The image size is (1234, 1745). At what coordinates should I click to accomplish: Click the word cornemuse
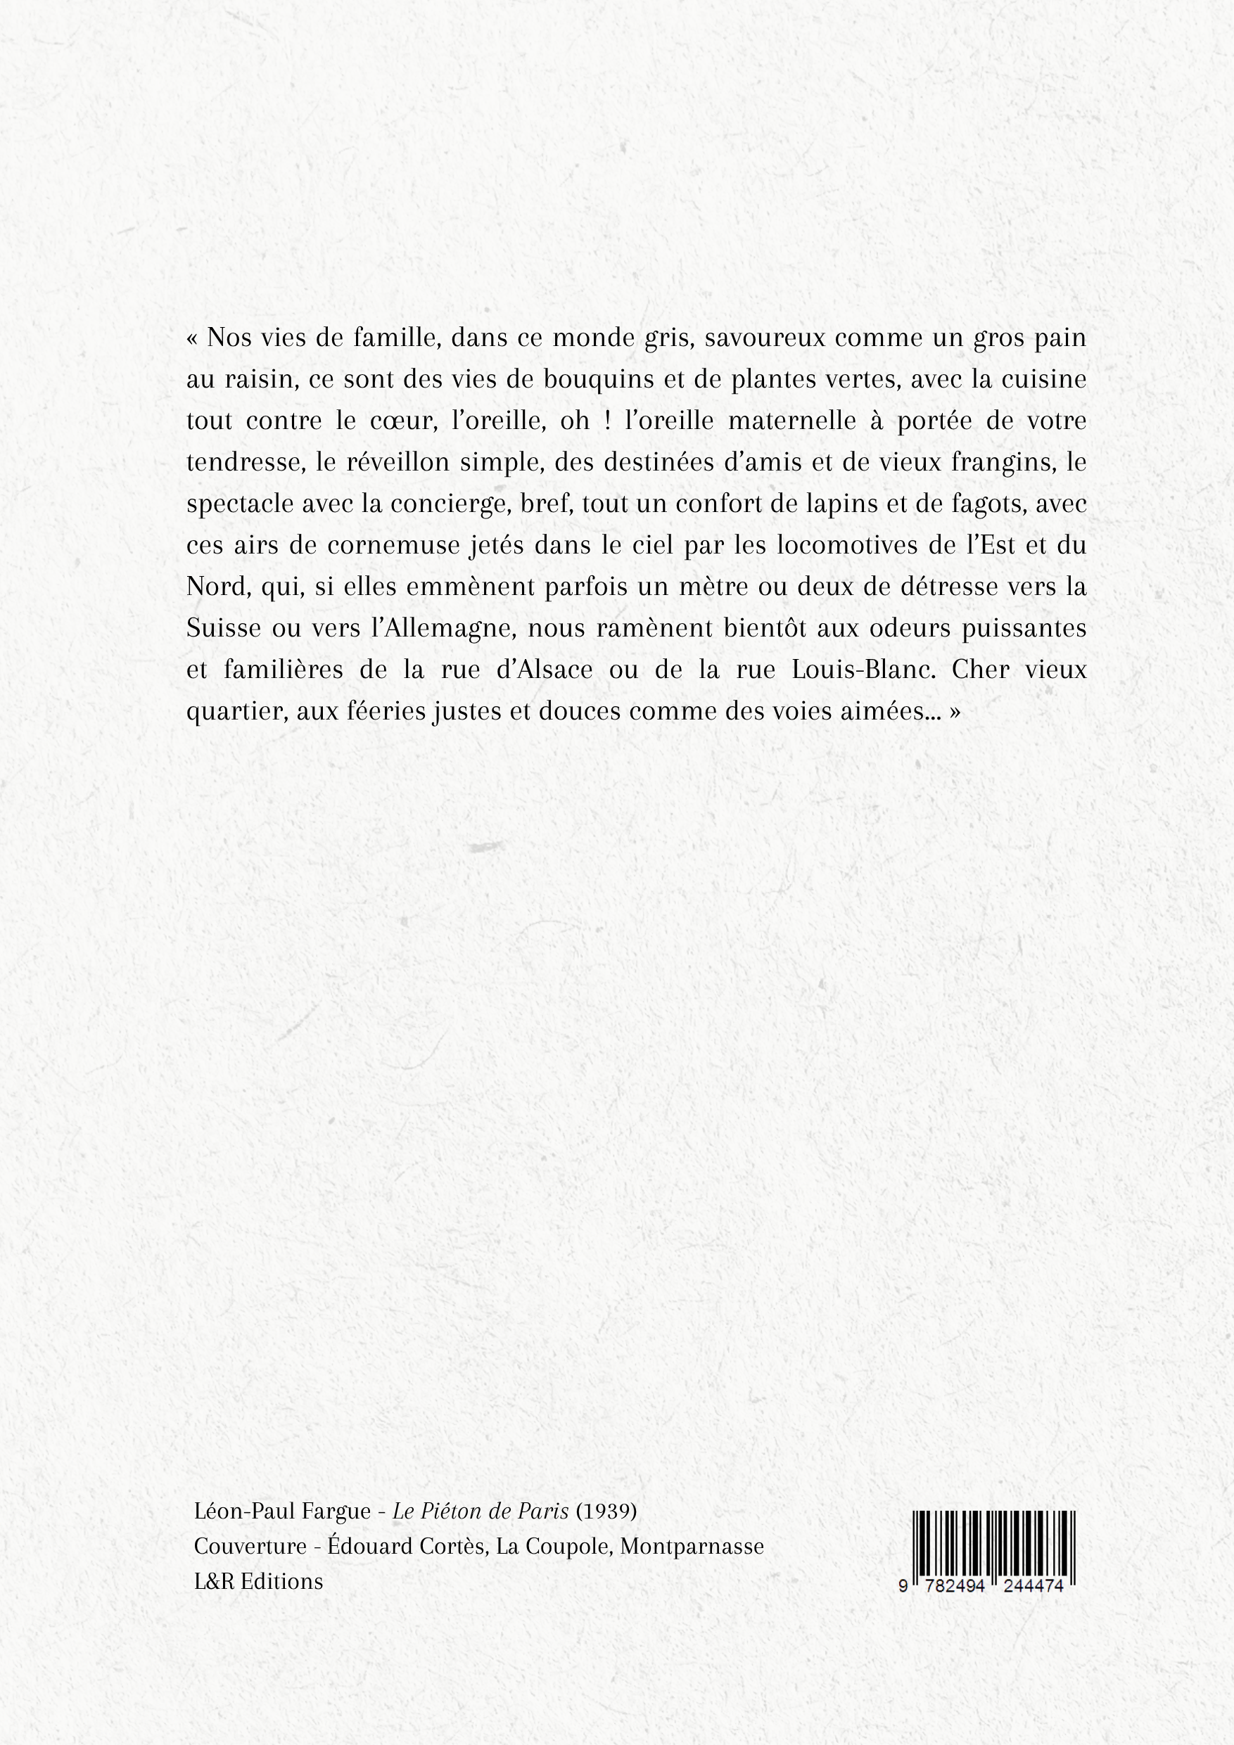[393, 546]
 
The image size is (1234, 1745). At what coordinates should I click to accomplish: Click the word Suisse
[224, 629]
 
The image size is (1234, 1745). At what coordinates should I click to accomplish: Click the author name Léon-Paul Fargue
[282, 1511]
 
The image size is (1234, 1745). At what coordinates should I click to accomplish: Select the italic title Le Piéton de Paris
[481, 1511]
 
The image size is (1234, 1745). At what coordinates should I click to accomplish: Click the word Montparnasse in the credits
[692, 1546]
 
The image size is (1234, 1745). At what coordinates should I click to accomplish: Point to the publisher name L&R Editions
[258, 1581]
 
